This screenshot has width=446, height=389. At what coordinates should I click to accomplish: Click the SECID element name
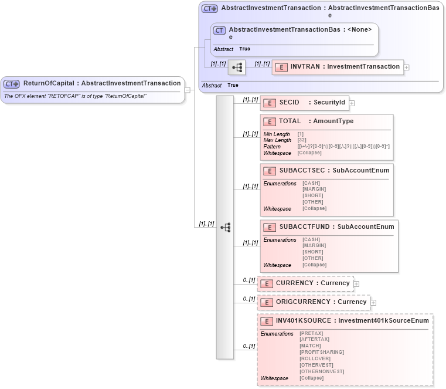point(290,103)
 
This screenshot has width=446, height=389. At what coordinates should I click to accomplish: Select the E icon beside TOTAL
point(270,121)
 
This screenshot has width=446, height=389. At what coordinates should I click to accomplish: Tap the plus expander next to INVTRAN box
point(407,67)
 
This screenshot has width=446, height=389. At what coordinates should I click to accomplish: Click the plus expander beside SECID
point(352,103)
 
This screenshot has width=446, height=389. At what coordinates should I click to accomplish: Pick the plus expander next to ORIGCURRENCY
point(373,303)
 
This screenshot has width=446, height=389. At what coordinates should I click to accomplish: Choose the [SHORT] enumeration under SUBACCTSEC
point(312,195)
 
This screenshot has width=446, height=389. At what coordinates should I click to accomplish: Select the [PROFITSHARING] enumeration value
point(321,352)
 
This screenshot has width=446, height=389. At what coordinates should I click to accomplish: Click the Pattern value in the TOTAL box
point(343,147)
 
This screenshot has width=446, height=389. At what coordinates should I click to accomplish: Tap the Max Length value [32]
point(302,140)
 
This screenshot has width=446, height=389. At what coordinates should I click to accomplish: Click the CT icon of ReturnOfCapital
point(12,84)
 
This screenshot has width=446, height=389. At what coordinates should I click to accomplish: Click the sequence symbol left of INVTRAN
point(237,67)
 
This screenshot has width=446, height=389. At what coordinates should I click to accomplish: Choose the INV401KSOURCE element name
point(303,321)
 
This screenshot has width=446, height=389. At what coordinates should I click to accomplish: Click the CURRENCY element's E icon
point(267,283)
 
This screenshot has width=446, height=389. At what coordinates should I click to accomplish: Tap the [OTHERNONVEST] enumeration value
point(321,371)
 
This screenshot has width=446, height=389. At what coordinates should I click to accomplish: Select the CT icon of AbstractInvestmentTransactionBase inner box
point(219,30)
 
